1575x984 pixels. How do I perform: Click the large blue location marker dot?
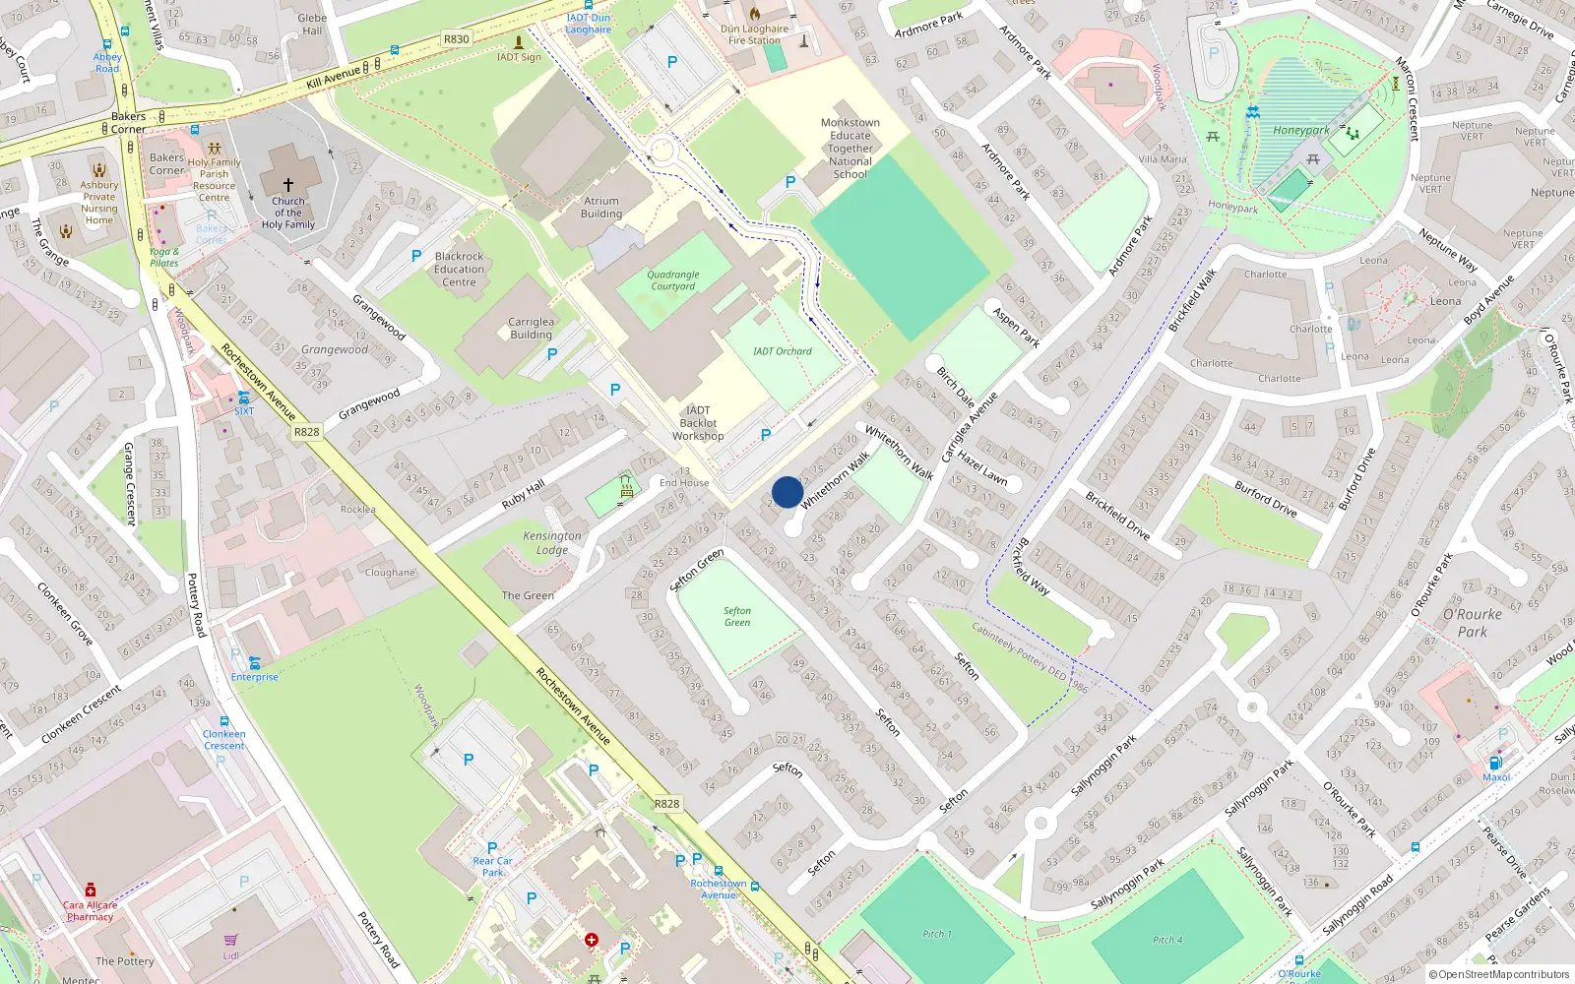(x=787, y=492)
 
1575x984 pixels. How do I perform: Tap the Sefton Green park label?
(x=737, y=617)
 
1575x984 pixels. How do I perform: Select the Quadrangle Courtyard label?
(x=673, y=280)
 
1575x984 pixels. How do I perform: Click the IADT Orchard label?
(x=783, y=351)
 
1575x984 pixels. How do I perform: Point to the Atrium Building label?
(x=601, y=208)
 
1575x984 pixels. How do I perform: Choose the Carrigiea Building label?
(x=532, y=328)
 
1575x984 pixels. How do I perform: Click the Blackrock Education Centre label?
(x=459, y=269)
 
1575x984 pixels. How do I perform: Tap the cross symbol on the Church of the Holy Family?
(x=288, y=184)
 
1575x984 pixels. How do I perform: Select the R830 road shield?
(x=457, y=39)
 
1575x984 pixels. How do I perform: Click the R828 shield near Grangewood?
(x=307, y=432)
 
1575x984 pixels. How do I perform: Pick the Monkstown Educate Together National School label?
(x=850, y=149)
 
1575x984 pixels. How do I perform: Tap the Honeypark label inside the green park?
(x=1300, y=130)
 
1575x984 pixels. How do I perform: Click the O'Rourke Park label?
(x=1473, y=623)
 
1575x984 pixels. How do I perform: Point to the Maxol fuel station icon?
(x=1495, y=763)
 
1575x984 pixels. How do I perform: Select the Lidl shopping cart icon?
(x=230, y=941)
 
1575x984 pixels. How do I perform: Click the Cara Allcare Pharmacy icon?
(x=91, y=890)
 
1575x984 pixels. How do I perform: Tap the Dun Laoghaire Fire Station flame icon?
(x=755, y=14)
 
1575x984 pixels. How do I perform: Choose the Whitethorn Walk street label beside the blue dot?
(x=836, y=480)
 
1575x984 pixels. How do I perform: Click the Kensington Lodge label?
(x=552, y=543)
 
